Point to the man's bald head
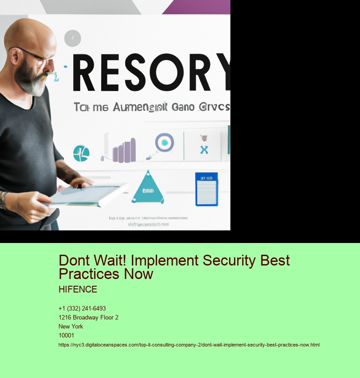pos(31,31)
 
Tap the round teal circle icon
pos(81,153)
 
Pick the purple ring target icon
pos(164,143)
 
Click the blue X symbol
pos(204,149)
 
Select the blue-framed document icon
pos(206,189)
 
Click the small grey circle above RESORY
pos(72,39)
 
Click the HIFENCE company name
pos(77,289)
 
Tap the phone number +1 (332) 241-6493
pos(82,309)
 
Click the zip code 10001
pos(66,336)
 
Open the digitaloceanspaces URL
pos(189,345)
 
